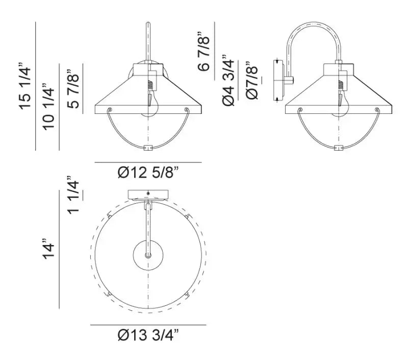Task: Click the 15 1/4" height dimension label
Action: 25,86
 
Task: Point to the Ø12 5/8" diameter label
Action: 147,173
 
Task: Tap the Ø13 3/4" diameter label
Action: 148,335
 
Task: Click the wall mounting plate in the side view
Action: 278,80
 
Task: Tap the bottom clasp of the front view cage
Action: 148,148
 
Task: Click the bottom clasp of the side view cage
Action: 338,148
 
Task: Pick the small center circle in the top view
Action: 148,256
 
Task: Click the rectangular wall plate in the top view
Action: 148,194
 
